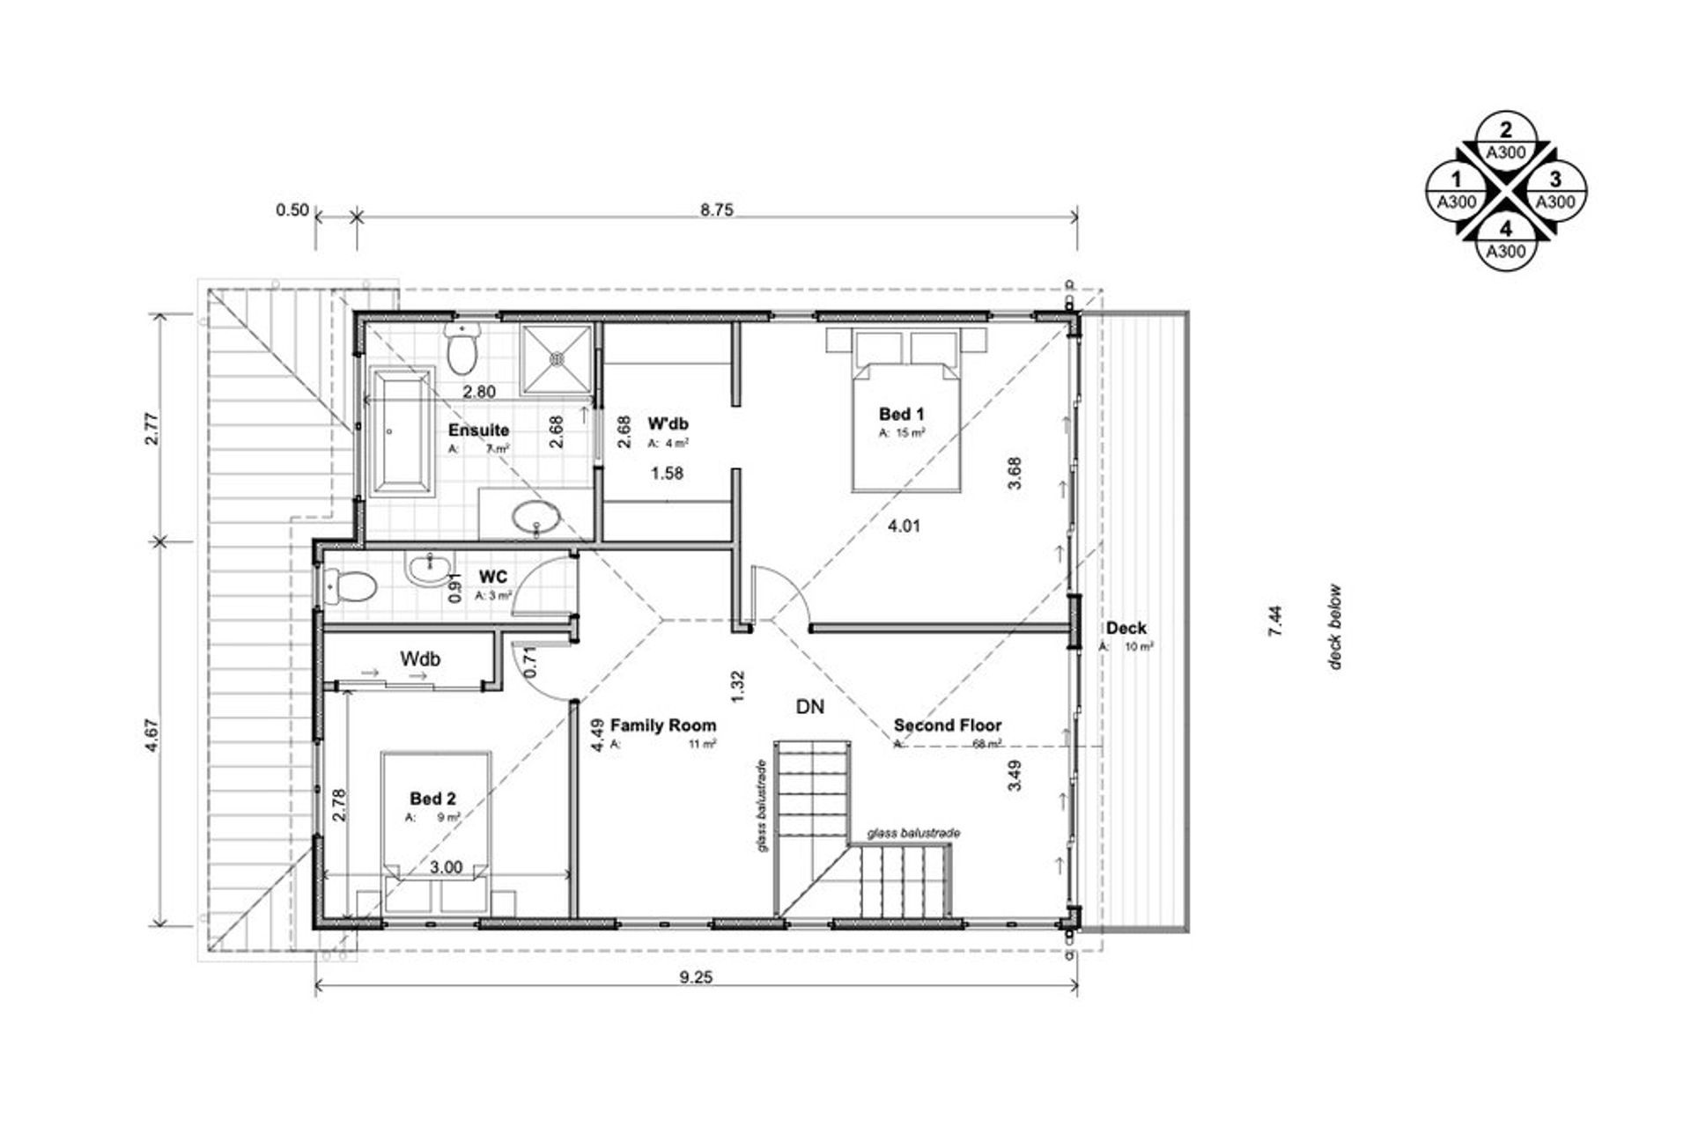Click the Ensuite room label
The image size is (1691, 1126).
click(x=478, y=430)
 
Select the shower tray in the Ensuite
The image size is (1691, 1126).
click(x=556, y=359)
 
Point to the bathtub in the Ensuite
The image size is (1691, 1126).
click(x=402, y=431)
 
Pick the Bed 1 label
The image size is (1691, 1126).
click(x=901, y=414)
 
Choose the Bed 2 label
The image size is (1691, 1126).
click(x=432, y=799)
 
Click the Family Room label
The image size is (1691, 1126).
click(x=662, y=725)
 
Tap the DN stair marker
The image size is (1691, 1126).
click(x=809, y=706)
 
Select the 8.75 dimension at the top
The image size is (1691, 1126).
click(x=716, y=210)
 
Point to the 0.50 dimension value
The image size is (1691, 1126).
click(x=292, y=210)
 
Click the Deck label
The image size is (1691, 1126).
click(x=1126, y=628)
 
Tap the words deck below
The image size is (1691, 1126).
click(x=1335, y=627)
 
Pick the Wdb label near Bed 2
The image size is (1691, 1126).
click(x=420, y=659)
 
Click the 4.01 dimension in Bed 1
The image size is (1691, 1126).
click(x=904, y=526)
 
